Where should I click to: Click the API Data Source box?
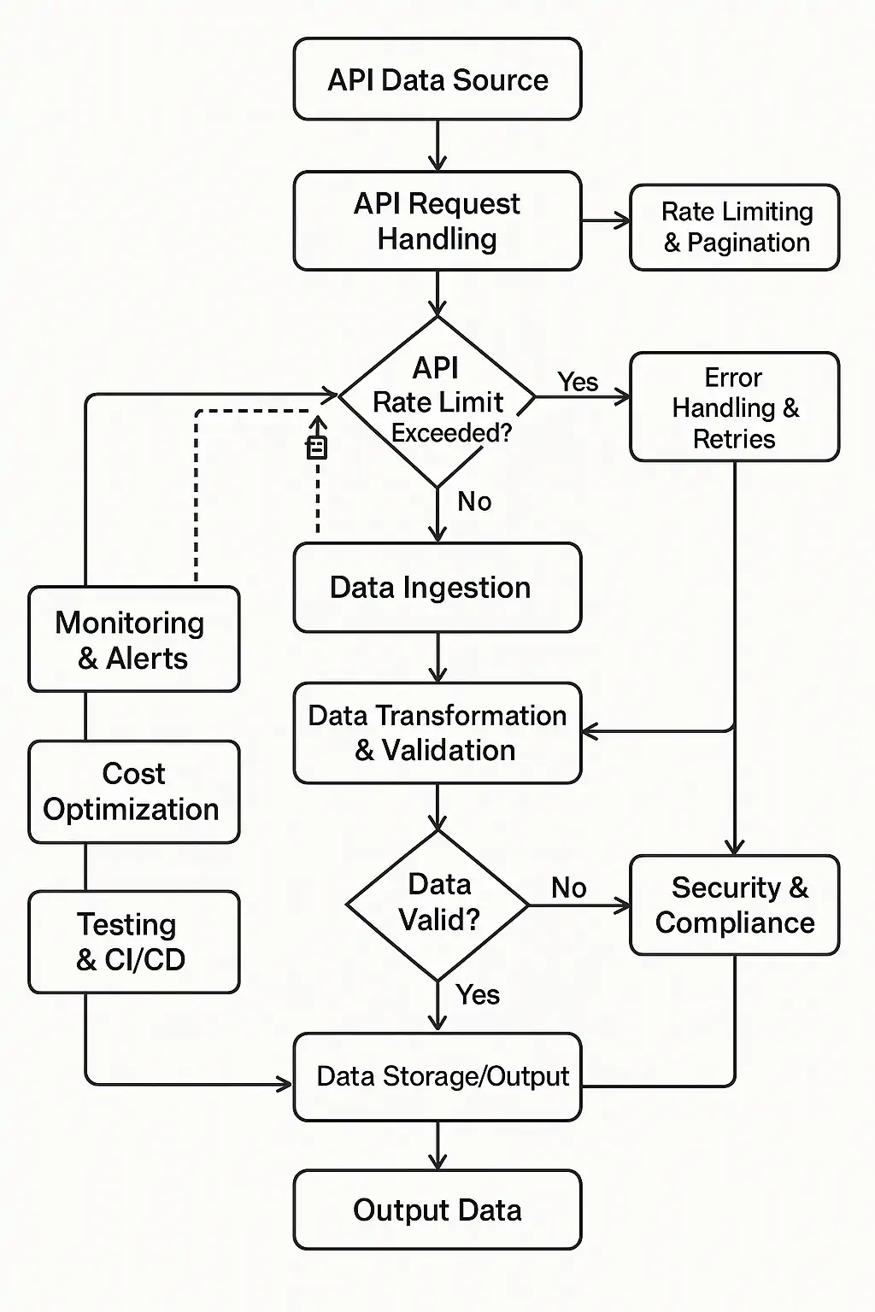437,79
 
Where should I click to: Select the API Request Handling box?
437,221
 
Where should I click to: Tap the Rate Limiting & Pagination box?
735,227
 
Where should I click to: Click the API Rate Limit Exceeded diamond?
437,400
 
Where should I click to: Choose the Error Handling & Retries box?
735,407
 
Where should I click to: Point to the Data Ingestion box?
437,588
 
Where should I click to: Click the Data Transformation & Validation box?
437,733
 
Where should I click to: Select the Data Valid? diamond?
437,904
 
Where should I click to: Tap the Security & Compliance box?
735,905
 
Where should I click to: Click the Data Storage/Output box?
437,1076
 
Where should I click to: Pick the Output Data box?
437,1209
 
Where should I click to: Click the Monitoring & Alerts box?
133,639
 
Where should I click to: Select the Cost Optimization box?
133,792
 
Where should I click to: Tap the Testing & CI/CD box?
133,941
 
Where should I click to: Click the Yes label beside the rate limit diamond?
578,382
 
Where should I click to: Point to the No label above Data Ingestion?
474,501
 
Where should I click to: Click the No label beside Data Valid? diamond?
568,887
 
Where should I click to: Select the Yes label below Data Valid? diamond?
478,995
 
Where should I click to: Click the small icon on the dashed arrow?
317,447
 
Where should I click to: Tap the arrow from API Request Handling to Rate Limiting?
606,222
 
